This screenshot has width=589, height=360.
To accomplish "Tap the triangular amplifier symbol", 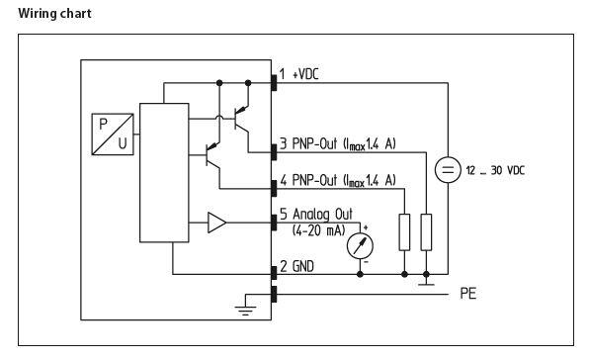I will pos(216,224).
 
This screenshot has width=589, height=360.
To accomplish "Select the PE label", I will pos(468,294).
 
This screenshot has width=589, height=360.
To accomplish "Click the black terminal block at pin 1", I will pos(273,81).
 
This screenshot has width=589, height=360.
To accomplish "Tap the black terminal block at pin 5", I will pos(273,223).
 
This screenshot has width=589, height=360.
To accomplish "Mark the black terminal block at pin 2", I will pos(273,272).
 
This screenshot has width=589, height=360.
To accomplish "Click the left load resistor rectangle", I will pos(404,231).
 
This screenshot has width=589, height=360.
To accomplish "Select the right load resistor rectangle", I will pos(426,231).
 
